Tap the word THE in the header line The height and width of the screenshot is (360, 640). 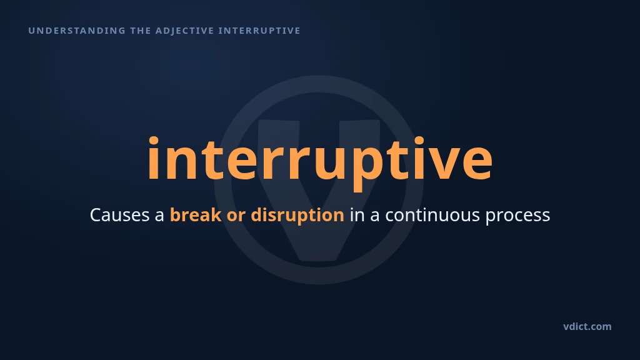click(x=141, y=31)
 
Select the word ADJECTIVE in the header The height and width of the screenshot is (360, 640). click(x=185, y=31)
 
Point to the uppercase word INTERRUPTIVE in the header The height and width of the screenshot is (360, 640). click(x=259, y=31)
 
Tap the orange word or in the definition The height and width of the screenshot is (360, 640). click(x=236, y=217)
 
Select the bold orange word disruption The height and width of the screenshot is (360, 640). click(x=297, y=215)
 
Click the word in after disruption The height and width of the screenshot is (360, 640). click(x=357, y=215)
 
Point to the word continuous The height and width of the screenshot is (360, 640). click(x=432, y=215)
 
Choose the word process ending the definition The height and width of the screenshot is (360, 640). click(x=517, y=217)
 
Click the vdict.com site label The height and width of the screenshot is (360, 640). click(x=587, y=326)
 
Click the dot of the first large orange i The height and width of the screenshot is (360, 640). click(x=154, y=141)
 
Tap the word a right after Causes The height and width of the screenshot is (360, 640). click(x=159, y=217)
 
